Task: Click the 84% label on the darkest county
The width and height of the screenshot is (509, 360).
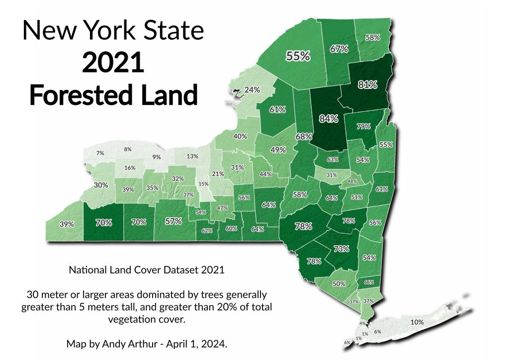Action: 329,118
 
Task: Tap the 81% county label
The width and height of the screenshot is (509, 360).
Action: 367,84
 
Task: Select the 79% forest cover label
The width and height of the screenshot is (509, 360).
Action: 363,126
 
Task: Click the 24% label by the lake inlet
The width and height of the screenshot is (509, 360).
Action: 253,90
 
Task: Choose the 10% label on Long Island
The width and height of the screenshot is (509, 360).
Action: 417,322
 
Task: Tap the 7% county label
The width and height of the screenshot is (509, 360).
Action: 100,153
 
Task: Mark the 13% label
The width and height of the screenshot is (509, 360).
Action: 192,156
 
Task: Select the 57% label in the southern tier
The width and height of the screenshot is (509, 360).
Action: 173,222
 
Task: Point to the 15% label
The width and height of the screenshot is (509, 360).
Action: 203,184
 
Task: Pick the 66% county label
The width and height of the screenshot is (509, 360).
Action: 369,282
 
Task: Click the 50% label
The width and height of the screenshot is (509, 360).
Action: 339,284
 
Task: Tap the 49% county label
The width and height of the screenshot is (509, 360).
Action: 278,150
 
